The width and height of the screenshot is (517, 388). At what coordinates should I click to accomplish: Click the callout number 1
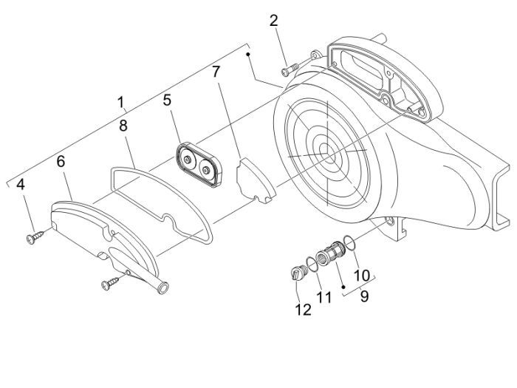tap(120, 101)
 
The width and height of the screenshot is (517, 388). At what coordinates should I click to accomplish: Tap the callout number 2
tap(273, 21)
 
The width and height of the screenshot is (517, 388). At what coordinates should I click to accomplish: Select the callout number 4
tap(21, 184)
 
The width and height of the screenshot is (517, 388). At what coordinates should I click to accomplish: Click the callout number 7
tap(216, 72)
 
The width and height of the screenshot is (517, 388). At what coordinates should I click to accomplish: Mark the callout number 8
tap(124, 126)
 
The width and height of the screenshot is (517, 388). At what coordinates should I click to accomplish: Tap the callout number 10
tap(361, 275)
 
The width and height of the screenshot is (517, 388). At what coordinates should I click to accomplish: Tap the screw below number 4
tap(35, 236)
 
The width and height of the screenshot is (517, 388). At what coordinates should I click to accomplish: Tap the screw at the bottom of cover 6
tap(112, 281)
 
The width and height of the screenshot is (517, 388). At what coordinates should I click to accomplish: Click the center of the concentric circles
tap(324, 150)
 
